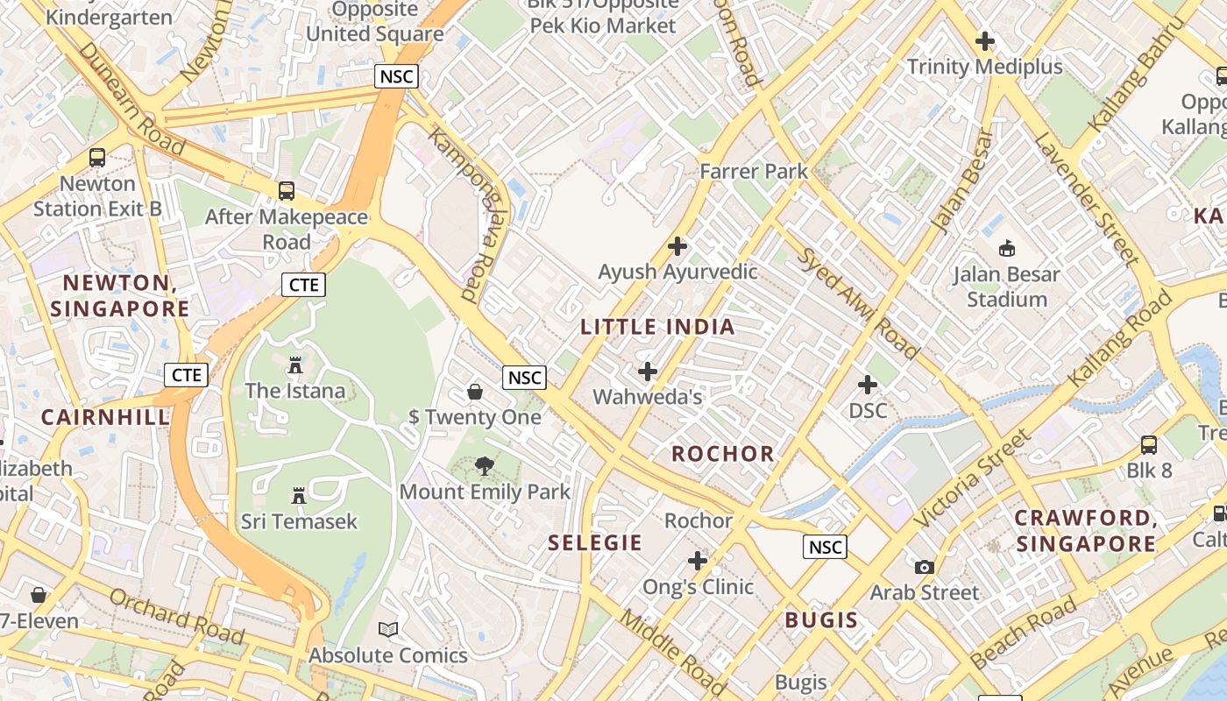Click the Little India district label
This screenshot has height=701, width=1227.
pyautogui.click(x=657, y=327)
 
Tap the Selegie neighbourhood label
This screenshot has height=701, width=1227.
pyautogui.click(x=595, y=542)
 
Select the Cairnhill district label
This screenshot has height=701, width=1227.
pyautogui.click(x=105, y=417)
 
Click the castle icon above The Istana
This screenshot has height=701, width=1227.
pyautogui.click(x=295, y=364)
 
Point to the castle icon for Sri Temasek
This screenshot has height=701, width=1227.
pyautogui.click(x=299, y=495)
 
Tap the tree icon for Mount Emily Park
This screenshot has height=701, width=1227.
pyautogui.click(x=484, y=465)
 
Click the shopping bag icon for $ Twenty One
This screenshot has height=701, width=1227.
pyautogui.click(x=475, y=391)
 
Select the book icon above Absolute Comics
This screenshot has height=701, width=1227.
pyautogui.click(x=388, y=629)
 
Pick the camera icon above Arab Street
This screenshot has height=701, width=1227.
pyautogui.click(x=925, y=567)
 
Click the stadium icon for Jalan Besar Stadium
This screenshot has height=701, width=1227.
pyautogui.click(x=1007, y=248)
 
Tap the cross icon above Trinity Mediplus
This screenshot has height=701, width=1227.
pyautogui.click(x=985, y=40)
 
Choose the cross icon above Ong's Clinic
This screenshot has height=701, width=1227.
pyautogui.click(x=698, y=561)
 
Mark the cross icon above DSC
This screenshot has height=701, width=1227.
pyautogui.click(x=868, y=385)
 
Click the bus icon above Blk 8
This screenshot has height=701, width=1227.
pyautogui.click(x=1149, y=444)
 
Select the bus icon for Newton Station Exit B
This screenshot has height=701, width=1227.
pyautogui.click(x=97, y=158)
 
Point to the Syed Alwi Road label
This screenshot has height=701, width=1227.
pyautogui.click(x=857, y=303)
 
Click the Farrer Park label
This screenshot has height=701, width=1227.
pyautogui.click(x=754, y=171)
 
